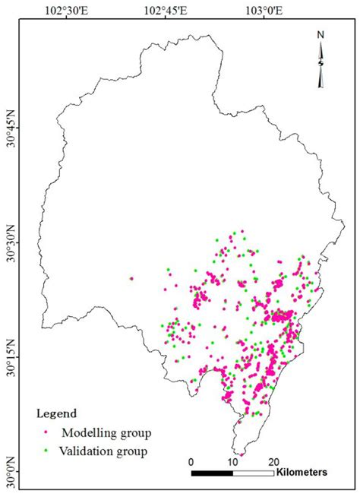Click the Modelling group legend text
[106, 433]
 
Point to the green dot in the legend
[46, 452]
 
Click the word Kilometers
[302, 473]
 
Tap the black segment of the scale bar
[212, 473]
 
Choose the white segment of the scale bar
[253, 473]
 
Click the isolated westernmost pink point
[131, 279]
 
